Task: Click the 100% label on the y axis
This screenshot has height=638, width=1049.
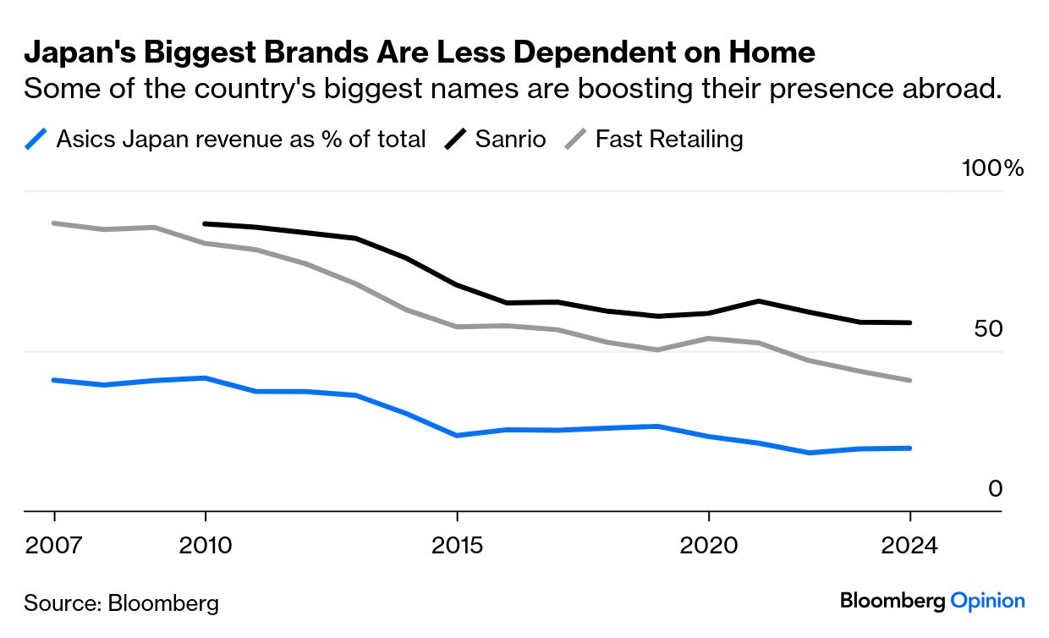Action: [992, 168]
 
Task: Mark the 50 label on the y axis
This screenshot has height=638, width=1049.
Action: [987, 329]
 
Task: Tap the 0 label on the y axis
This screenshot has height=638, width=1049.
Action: [995, 489]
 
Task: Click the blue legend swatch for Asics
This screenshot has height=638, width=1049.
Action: [36, 139]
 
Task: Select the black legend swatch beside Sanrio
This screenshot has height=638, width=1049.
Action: [456, 139]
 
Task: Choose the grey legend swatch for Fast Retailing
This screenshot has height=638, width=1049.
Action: [576, 139]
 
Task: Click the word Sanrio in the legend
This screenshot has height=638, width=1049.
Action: [510, 139]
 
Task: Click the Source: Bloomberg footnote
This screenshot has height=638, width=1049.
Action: [121, 603]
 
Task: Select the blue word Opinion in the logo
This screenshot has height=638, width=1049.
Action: [987, 602]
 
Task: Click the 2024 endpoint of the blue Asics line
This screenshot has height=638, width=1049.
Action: [910, 448]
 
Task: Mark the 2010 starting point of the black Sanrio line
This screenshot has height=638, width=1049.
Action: [206, 223]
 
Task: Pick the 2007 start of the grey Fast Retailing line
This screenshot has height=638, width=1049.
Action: [53, 223]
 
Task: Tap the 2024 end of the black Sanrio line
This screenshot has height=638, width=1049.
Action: [910, 322]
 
